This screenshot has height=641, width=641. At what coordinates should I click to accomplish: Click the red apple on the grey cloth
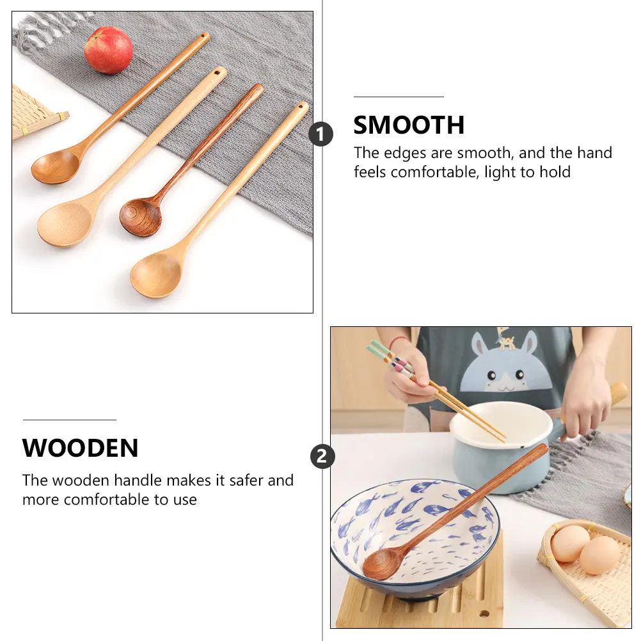(108, 50)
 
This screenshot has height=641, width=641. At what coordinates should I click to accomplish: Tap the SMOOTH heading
(409, 125)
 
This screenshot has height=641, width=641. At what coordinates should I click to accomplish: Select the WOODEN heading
(80, 448)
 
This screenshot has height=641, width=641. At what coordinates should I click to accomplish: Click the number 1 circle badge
(321, 135)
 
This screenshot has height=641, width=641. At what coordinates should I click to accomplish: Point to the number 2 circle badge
(322, 457)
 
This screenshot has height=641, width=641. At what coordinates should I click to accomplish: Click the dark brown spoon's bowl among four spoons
(141, 217)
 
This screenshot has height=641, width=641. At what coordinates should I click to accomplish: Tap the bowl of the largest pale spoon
(64, 224)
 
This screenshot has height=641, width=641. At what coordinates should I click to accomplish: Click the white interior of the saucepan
(499, 419)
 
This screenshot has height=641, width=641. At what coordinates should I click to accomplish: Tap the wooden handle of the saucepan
(617, 392)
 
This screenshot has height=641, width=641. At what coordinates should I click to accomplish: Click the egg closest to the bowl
(569, 543)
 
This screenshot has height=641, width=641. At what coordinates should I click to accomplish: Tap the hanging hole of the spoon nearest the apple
(205, 37)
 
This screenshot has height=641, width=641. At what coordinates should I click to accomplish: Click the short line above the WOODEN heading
(69, 420)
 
